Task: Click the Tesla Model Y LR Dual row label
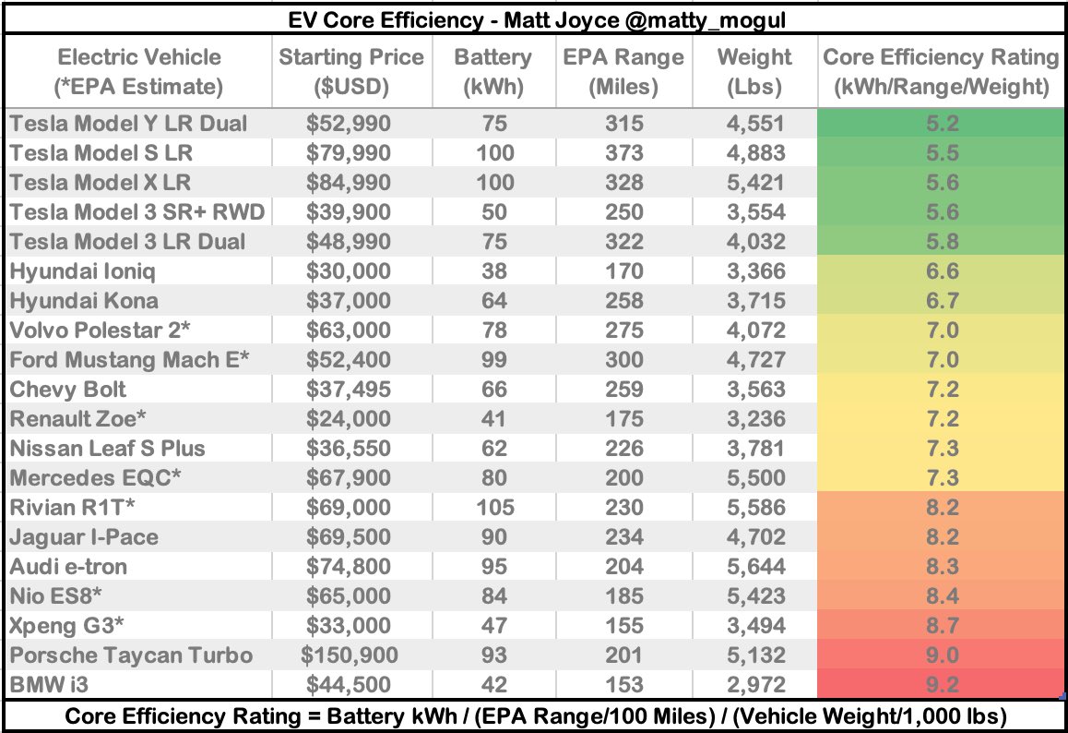pyautogui.click(x=128, y=123)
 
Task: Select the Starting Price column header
pyautogui.click(x=351, y=71)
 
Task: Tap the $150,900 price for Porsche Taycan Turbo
pyautogui.click(x=350, y=655)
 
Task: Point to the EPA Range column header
pyautogui.click(x=623, y=71)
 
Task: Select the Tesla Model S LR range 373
pyautogui.click(x=623, y=152)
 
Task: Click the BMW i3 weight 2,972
pyautogui.click(x=755, y=684)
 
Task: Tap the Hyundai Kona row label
pyautogui.click(x=84, y=300)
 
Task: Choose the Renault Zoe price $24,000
pyautogui.click(x=350, y=418)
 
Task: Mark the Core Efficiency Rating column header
pyautogui.click(x=940, y=71)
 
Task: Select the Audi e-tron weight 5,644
pyautogui.click(x=755, y=566)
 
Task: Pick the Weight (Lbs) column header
pyautogui.click(x=755, y=71)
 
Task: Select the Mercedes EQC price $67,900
pyautogui.click(x=350, y=477)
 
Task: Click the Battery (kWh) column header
pyautogui.click(x=492, y=71)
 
